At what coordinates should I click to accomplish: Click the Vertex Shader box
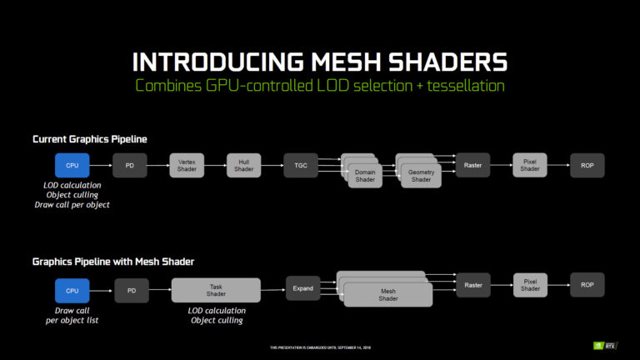[x=187, y=166]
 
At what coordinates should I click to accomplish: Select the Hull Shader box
[x=243, y=166]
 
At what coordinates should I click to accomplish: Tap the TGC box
[x=301, y=166]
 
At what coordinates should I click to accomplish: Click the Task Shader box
[x=216, y=289]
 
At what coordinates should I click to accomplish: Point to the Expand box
[x=303, y=288]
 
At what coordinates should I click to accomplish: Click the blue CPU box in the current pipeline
[x=72, y=166]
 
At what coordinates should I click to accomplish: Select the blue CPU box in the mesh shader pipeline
[x=72, y=290]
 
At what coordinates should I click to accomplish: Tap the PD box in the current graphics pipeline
[x=130, y=166]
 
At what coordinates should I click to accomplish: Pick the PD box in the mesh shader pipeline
[x=131, y=290]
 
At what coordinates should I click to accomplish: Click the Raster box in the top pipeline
[x=472, y=166]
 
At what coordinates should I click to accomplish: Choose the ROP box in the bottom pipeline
[x=587, y=285]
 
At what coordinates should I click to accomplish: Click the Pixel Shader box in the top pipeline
[x=530, y=166]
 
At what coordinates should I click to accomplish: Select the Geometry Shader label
[x=421, y=176]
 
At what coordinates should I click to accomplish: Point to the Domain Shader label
[x=365, y=176]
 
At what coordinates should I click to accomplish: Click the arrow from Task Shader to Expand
[x=272, y=289]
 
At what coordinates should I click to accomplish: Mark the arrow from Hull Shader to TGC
[x=272, y=166]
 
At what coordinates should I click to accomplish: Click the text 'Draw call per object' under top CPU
[x=72, y=204]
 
